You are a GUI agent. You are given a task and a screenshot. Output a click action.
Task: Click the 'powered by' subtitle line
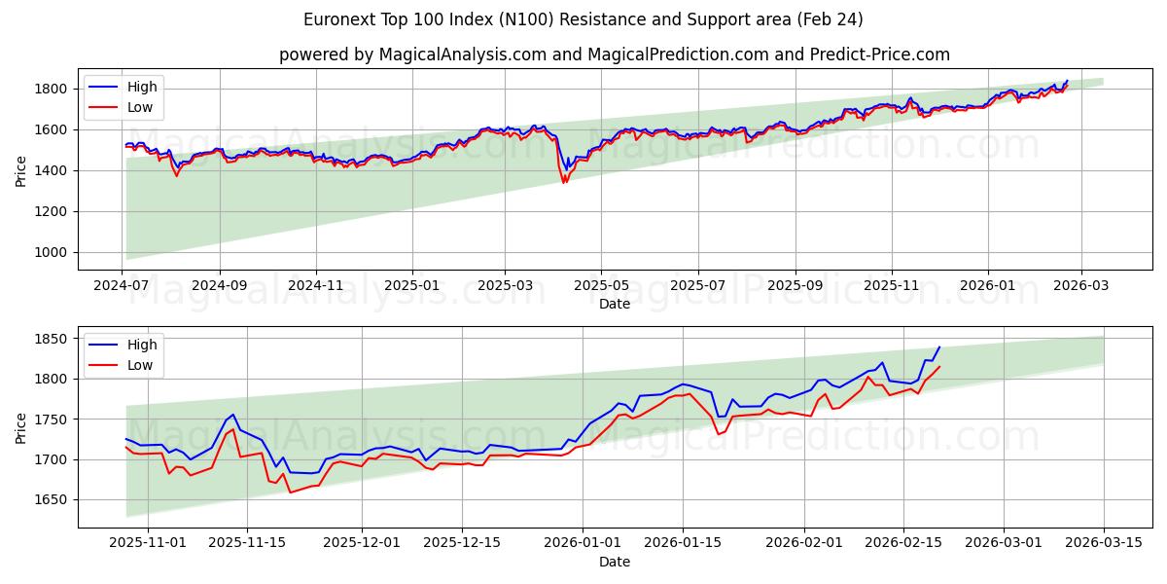(614, 55)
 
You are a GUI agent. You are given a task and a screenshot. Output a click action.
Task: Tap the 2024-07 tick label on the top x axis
(123, 286)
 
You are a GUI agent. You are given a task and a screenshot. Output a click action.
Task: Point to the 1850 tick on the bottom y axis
(53, 339)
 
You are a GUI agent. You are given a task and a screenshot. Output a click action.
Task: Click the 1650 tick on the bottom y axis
(53, 499)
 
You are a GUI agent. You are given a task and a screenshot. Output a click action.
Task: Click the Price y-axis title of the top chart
(21, 170)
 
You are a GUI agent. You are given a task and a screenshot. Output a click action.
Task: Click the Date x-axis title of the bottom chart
(614, 562)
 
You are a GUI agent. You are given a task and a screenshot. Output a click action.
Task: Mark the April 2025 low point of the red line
(563, 183)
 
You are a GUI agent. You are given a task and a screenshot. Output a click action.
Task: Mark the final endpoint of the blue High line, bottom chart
(939, 347)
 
